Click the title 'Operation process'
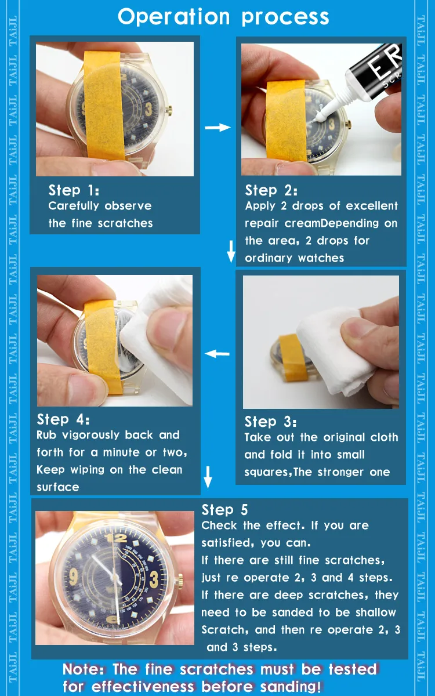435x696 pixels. [223, 17]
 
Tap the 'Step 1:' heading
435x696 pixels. [74, 190]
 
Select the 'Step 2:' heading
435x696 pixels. [271, 190]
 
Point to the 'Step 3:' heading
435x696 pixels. [270, 422]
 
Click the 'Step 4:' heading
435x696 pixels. [63, 419]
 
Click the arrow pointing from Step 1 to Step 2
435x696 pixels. [217, 127]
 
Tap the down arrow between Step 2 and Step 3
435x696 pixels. [231, 251]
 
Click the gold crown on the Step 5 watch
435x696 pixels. [180, 578]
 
